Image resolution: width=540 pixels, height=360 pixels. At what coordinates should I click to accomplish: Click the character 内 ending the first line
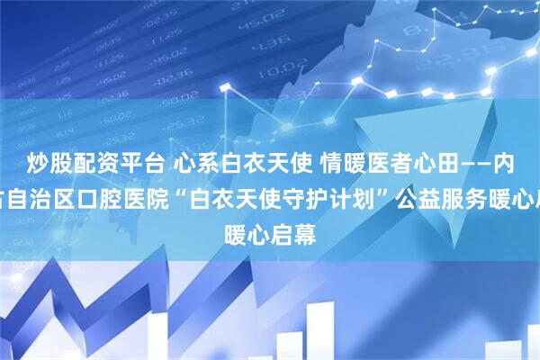(x=520, y=163)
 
